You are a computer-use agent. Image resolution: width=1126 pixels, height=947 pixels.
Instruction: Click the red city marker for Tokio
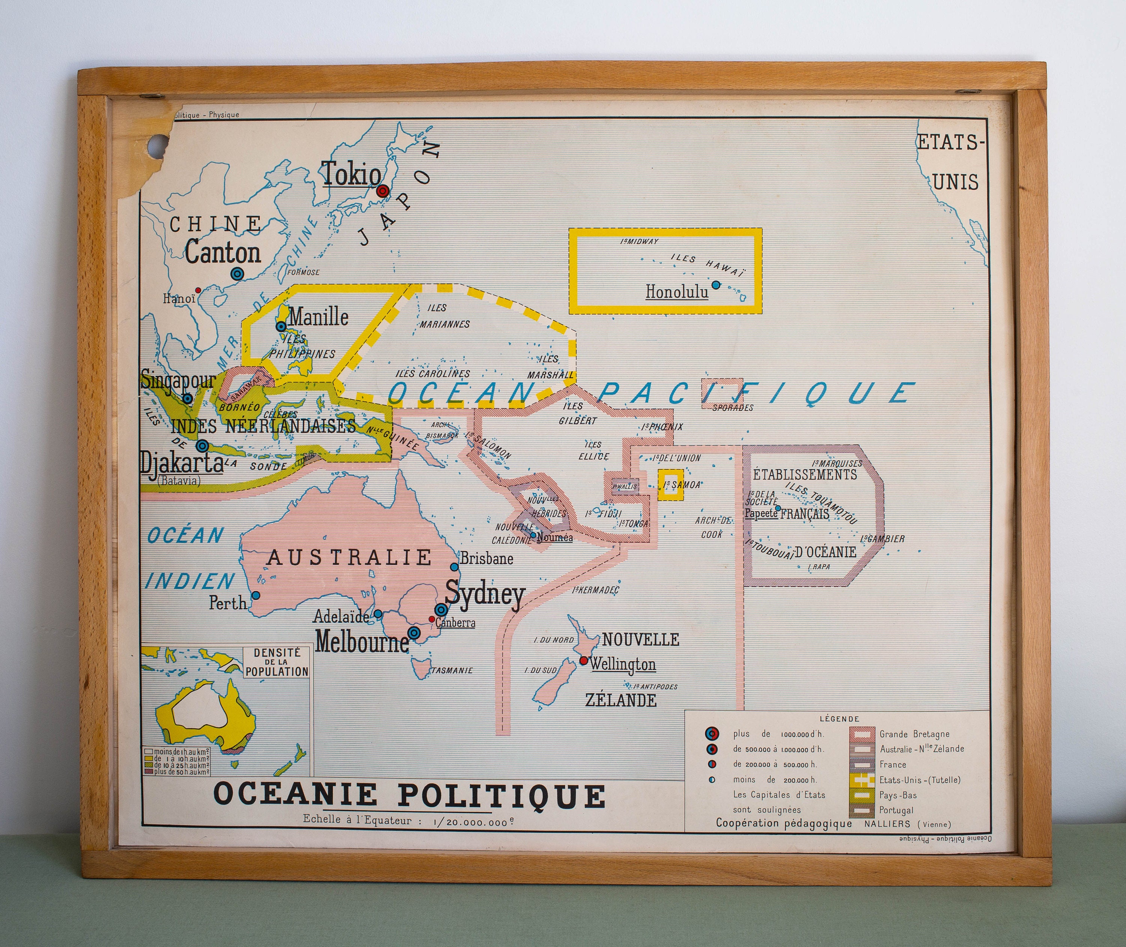(382, 191)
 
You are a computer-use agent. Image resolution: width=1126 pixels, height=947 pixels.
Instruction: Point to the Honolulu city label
(677, 292)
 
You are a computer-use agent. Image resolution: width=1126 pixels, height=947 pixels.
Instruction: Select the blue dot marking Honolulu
(716, 284)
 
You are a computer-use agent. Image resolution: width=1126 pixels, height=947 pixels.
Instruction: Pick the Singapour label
(178, 380)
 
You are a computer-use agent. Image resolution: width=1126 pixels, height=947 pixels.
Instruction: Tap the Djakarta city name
(182, 462)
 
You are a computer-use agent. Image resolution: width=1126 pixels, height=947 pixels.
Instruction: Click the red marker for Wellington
(584, 660)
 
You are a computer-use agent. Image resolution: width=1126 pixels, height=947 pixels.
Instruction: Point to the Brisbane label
(486, 559)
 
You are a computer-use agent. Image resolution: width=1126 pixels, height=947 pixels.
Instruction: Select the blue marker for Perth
(256, 595)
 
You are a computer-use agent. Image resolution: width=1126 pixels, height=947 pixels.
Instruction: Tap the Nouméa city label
(555, 537)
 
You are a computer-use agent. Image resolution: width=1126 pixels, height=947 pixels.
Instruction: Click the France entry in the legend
(893, 765)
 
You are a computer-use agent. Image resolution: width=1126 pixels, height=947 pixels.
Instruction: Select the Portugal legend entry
(896, 810)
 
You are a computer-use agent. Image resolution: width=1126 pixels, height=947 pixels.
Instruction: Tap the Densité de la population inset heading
(277, 662)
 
